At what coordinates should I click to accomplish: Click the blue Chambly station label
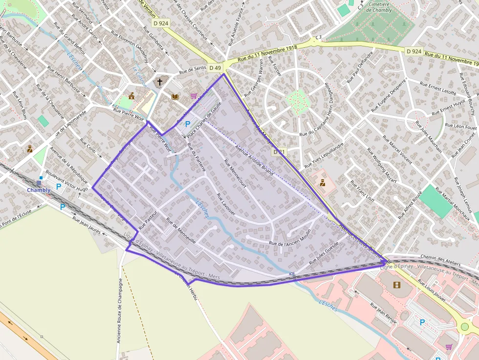pos(39,190)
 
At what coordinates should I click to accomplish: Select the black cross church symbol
pos(159,82)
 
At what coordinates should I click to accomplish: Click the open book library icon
pos(175,97)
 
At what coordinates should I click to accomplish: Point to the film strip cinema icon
pos(397,285)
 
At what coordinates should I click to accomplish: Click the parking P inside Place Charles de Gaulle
pos(188,124)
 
